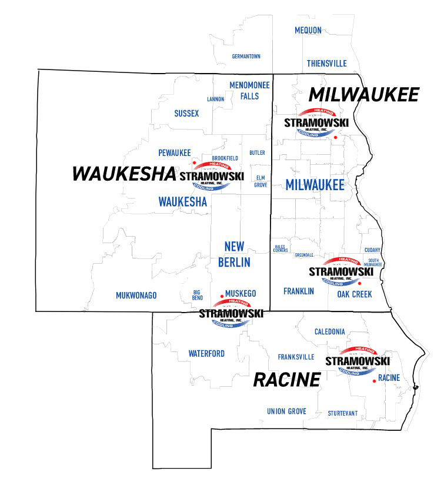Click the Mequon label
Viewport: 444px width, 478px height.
coord(309,30)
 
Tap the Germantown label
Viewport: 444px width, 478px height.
coord(246,57)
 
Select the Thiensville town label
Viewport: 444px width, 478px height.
coord(326,64)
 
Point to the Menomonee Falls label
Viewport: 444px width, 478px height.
coord(249,90)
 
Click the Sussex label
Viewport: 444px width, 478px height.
coord(186,113)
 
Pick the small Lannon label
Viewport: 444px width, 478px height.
coord(215,99)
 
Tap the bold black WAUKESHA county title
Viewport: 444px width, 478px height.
coord(123,174)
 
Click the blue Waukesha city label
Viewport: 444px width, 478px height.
coord(183,201)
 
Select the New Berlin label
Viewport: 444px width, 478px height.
coord(234,254)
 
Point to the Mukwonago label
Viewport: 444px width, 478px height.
coord(136,296)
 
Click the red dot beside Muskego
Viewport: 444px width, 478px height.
coord(222,297)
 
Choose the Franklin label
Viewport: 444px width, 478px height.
coord(298,291)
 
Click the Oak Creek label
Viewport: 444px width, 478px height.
coord(354,294)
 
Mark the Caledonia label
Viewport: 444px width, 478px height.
coord(329,332)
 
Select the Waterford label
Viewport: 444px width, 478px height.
coord(206,354)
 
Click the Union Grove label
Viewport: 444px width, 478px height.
coord(286,411)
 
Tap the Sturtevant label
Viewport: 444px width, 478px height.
coord(342,413)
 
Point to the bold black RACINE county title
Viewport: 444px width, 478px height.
coord(286,380)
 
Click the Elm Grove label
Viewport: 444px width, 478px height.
coord(261,181)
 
